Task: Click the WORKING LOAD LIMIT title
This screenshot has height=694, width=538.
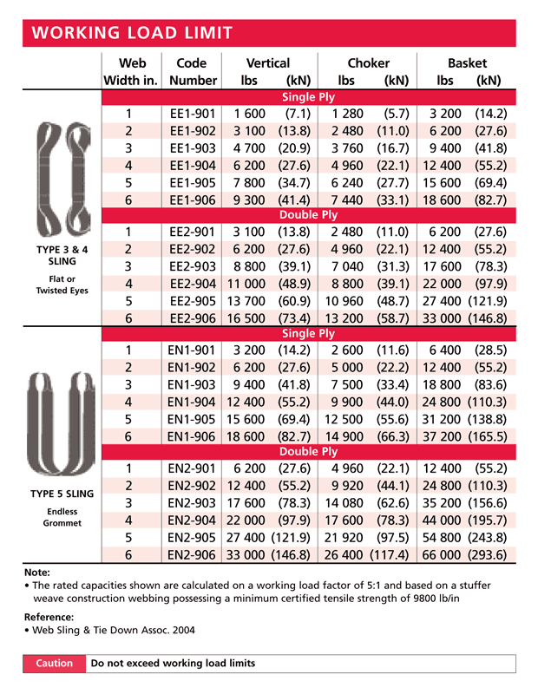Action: [132, 34]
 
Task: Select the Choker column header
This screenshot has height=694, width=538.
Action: [368, 63]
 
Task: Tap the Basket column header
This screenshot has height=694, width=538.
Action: [467, 63]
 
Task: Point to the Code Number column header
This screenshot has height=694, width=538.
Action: [191, 72]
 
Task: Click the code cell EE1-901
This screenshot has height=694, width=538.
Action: [191, 113]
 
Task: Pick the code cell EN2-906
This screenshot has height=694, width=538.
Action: [191, 553]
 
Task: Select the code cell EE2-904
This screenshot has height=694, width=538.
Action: [191, 284]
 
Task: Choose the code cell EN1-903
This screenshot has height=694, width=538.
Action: [191, 384]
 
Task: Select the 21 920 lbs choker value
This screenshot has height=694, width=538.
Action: [345, 536]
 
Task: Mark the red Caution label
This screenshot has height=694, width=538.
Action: [54, 663]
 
